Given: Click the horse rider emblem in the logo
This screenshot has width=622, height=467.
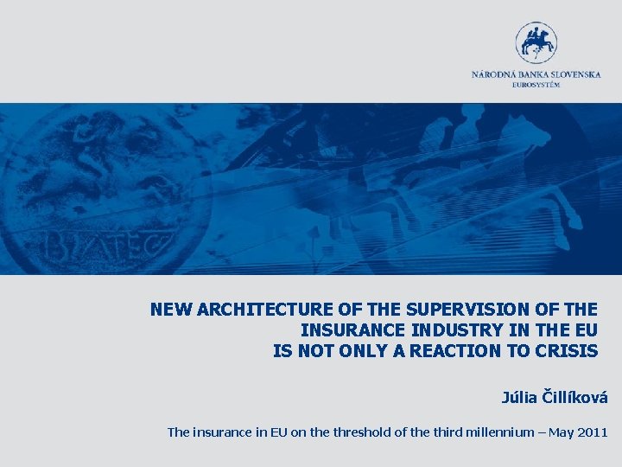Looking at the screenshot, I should [x=536, y=42].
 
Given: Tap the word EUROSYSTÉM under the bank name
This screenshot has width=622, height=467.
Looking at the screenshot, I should [x=536, y=84].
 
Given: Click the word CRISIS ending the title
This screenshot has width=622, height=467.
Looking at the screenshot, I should [x=568, y=351].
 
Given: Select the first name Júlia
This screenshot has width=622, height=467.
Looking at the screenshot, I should [x=520, y=398].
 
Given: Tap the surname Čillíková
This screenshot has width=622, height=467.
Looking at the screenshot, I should [x=575, y=398].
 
